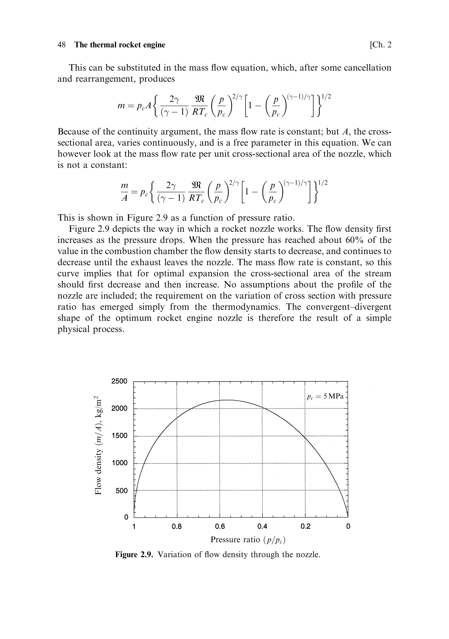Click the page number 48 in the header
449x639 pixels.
[x=62, y=45]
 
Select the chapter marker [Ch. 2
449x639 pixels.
[x=380, y=45]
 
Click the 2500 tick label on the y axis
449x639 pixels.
[x=119, y=381]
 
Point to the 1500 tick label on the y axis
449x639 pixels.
[x=119, y=436]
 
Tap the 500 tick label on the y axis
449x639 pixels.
[x=121, y=491]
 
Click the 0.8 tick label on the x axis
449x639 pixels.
[x=176, y=527]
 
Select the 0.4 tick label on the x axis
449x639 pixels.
[x=262, y=527]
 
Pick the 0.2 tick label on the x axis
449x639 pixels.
[x=305, y=527]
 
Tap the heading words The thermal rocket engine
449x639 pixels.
[x=120, y=45]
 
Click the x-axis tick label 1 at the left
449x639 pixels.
[x=134, y=527]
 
